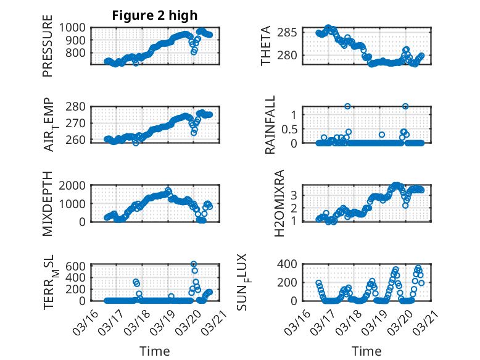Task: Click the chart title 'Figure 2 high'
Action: click(x=154, y=16)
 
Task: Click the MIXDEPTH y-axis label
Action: click(x=48, y=204)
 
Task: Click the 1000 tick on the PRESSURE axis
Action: click(x=75, y=27)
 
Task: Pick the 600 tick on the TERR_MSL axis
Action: click(x=78, y=266)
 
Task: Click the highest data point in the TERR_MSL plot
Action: click(x=194, y=264)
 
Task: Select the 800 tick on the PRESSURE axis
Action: click(x=78, y=53)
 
